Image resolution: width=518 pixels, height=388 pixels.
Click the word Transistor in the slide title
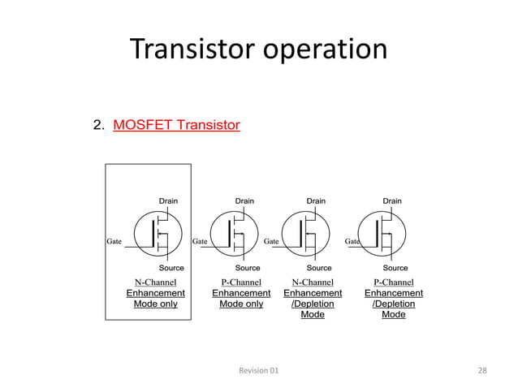[x=192, y=50]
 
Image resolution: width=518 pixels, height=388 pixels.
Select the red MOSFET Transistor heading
[x=176, y=125]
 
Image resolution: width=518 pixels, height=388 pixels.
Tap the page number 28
[x=482, y=370]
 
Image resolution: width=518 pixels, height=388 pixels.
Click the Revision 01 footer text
[x=258, y=370]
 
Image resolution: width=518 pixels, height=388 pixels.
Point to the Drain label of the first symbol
[x=168, y=200]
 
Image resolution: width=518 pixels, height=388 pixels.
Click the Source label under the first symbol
[x=171, y=267]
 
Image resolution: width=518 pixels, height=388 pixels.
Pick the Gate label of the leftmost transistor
[x=114, y=241]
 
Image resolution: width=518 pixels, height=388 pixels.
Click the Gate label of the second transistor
[x=199, y=241]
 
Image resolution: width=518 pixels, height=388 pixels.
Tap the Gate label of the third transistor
[x=271, y=241]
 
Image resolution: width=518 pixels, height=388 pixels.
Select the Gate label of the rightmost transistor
[x=352, y=241]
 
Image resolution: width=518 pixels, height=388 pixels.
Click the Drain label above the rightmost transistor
[x=392, y=200]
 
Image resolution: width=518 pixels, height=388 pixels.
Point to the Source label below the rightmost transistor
[x=395, y=267]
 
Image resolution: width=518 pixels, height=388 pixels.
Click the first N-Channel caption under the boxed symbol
[x=156, y=282]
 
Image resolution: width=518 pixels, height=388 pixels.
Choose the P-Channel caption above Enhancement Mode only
[x=241, y=282]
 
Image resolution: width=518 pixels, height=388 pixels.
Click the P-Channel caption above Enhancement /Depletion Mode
[x=394, y=282]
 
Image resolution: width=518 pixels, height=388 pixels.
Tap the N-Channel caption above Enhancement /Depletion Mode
[x=313, y=282]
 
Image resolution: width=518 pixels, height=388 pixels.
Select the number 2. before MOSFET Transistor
[x=98, y=125]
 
